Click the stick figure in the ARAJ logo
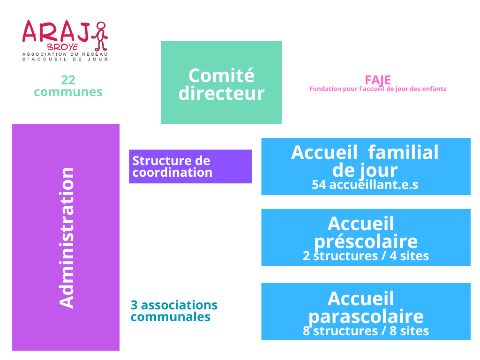pyautogui.click(x=100, y=36)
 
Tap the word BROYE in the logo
pyautogui.click(x=63, y=47)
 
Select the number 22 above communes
pyautogui.click(x=68, y=80)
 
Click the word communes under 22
pyautogui.click(x=68, y=92)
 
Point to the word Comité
pyautogui.click(x=221, y=75)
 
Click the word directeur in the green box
pyautogui.click(x=221, y=93)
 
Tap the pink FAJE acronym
pyautogui.click(x=378, y=80)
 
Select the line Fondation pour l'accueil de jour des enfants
pyautogui.click(x=378, y=89)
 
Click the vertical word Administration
pyautogui.click(x=67, y=238)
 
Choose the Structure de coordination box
pyautogui.click(x=190, y=166)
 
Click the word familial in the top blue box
pyautogui.click(x=403, y=152)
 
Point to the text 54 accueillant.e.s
pyautogui.click(x=365, y=185)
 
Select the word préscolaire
pyautogui.click(x=366, y=242)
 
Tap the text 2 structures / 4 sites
pyautogui.click(x=366, y=256)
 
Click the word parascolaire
pyautogui.click(x=366, y=316)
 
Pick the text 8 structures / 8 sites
pyautogui.click(x=366, y=331)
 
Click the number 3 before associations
pyautogui.click(x=134, y=305)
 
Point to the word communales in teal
pyautogui.click(x=171, y=317)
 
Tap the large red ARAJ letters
pyautogui.click(x=56, y=31)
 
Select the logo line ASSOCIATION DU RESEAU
pyautogui.click(x=65, y=54)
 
